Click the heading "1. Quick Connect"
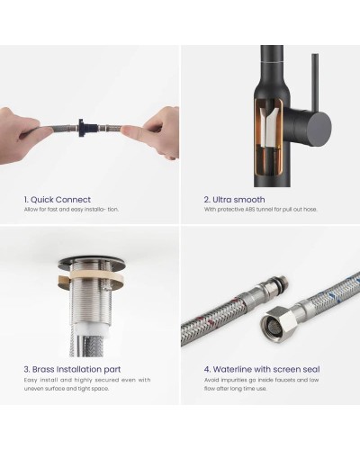click(x=58, y=200)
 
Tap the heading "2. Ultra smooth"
click(x=234, y=200)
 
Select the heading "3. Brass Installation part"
click(x=72, y=369)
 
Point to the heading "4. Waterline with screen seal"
click(x=262, y=369)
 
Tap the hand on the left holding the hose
click(x=22, y=135)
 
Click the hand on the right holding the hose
click(x=156, y=133)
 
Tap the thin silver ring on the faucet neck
click(x=272, y=61)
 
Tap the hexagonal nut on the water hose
click(x=278, y=323)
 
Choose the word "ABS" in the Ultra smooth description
click(x=250, y=210)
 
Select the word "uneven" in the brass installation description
click(x=33, y=389)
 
